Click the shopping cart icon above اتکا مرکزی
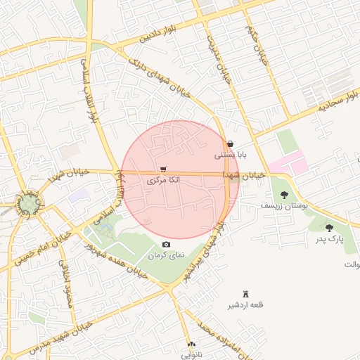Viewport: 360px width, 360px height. (x=163, y=169)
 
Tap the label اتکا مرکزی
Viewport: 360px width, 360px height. (x=163, y=181)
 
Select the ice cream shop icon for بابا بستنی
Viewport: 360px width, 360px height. (x=231, y=143)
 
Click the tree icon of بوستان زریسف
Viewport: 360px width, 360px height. (x=284, y=195)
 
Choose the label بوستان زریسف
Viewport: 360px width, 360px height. (x=279, y=206)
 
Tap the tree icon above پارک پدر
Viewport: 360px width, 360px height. (x=329, y=227)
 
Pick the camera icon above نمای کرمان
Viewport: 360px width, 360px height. (x=166, y=244)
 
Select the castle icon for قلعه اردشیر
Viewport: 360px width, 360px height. (x=245, y=294)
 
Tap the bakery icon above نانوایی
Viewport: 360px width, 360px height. (x=191, y=345)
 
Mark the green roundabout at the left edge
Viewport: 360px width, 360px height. (x=29, y=205)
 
